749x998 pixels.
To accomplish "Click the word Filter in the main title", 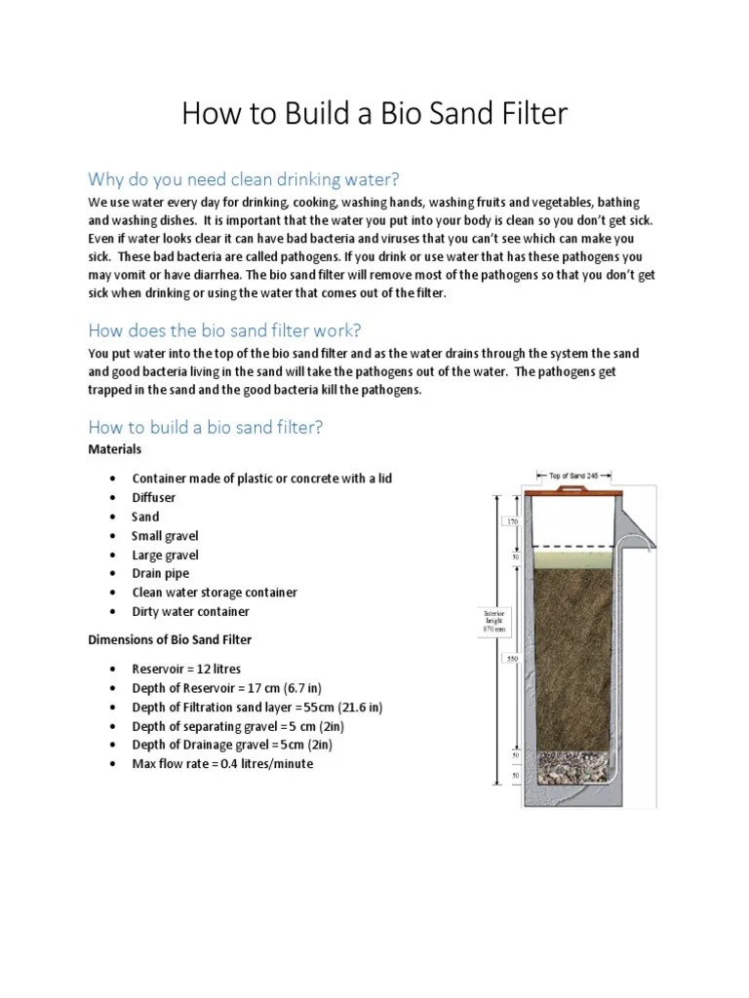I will (x=527, y=115).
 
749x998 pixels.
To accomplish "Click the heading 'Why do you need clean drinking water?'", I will (x=244, y=179).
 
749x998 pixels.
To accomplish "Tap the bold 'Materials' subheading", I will (x=115, y=449).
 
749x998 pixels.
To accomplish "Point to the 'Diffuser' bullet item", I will (x=154, y=498).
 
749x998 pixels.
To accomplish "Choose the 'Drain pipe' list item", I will (x=161, y=574).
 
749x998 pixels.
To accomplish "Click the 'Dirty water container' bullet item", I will (x=190, y=612).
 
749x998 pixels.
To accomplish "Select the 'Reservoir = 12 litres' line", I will (x=186, y=670).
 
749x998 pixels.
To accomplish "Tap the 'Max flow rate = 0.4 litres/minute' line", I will (x=222, y=764).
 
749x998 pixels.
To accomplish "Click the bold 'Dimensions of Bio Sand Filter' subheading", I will (x=170, y=640).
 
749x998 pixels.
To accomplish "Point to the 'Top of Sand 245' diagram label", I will (x=580, y=476).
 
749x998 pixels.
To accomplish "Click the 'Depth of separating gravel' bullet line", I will (x=238, y=726).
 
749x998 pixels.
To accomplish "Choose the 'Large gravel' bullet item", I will (x=165, y=556).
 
